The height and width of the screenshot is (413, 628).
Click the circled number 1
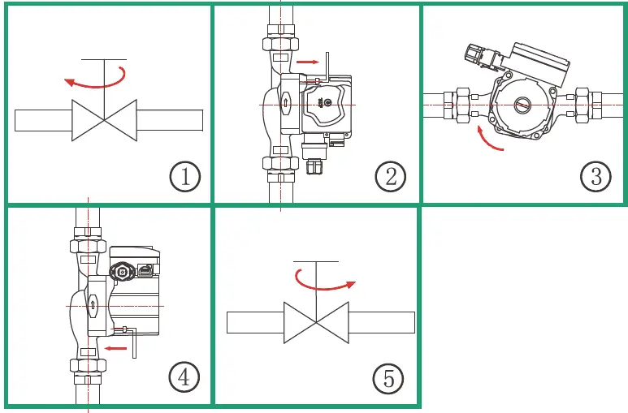coord(185,176)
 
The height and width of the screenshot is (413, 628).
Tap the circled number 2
coord(391,176)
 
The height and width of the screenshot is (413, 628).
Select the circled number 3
coord(596,176)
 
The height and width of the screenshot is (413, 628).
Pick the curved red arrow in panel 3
coord(489,139)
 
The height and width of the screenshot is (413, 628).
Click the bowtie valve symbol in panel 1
coord(104,119)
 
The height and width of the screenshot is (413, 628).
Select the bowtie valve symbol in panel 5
coord(316,321)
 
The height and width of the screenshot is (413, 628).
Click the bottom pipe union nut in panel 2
coord(280,162)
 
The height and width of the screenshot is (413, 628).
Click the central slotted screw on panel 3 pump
coord(522,105)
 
